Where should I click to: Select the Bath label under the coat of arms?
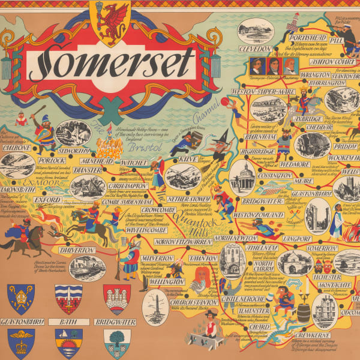[67, 322]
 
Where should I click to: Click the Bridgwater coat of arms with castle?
[116, 299]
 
